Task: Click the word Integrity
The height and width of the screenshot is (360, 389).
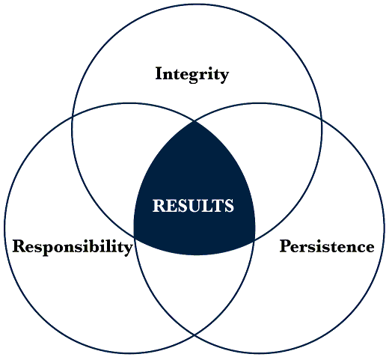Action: [x=192, y=74]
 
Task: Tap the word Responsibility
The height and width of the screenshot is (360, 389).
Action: [x=73, y=247]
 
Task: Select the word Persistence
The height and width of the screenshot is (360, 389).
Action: [x=327, y=246]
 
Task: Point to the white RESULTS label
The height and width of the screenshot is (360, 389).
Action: [x=193, y=206]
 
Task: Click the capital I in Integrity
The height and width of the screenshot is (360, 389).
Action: [x=159, y=73]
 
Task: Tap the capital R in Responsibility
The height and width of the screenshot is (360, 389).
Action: [x=19, y=246]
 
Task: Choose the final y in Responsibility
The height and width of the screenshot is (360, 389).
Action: [x=128, y=249]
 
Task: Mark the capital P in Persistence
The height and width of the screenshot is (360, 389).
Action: [x=285, y=246]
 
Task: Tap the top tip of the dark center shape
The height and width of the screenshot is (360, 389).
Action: [x=194, y=121]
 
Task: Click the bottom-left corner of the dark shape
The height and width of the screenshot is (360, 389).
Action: [x=135, y=236]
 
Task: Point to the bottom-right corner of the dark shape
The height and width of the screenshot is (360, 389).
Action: [x=254, y=241]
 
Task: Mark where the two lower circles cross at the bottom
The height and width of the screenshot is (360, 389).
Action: [x=194, y=335]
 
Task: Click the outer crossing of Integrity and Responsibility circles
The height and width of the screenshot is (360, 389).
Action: [x=73, y=118]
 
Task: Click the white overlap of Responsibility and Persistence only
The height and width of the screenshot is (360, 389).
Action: [x=194, y=287]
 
